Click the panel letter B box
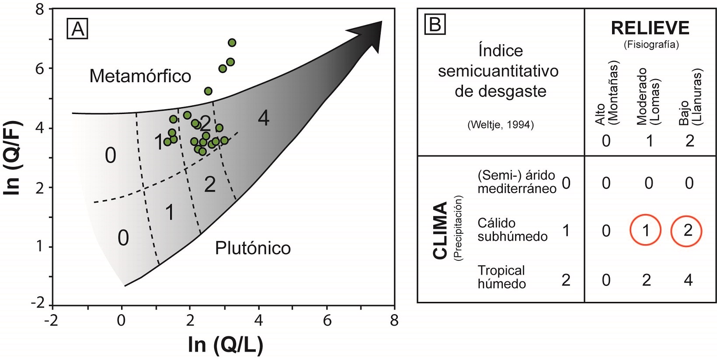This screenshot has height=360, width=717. click(x=435, y=25)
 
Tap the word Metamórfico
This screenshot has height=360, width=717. click(x=140, y=76)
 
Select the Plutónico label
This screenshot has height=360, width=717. click(x=253, y=248)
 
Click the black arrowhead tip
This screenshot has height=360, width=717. click(x=381, y=22)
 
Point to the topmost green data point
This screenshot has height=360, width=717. click(x=232, y=42)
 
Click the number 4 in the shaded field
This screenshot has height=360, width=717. click(x=263, y=118)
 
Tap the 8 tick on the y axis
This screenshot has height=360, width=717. click(x=40, y=9)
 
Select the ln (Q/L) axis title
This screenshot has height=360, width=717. click(x=226, y=345)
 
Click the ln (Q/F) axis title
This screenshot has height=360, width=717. click(x=13, y=158)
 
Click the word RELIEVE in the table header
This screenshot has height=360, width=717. click(x=650, y=28)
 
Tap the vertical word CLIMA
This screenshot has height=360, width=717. click(x=440, y=230)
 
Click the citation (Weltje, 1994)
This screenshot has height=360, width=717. click(x=501, y=125)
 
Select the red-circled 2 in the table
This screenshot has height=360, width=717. click(x=686, y=231)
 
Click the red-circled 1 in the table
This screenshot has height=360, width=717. click(x=646, y=231)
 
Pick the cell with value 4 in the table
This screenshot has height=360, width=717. click(x=688, y=280)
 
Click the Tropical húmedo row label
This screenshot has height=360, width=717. click(x=501, y=277)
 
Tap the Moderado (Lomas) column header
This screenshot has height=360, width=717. click(x=648, y=96)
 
